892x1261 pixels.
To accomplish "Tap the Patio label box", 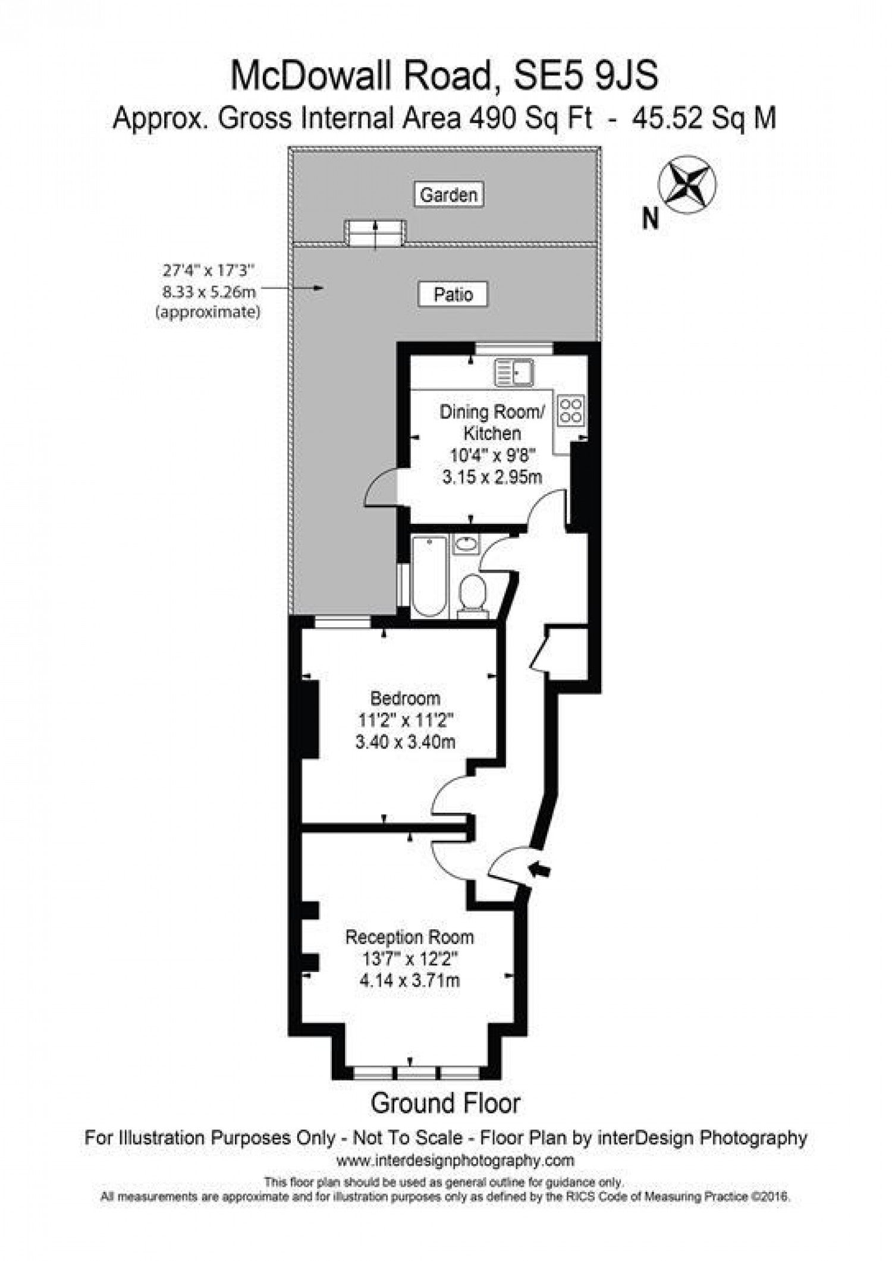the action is pos(453,294).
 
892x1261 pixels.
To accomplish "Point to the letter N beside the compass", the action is pos(651,219).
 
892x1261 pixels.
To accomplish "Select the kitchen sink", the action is pos(514,373).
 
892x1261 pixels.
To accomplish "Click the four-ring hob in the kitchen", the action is pos(570,410).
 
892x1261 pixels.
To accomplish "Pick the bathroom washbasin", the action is pos(467,544).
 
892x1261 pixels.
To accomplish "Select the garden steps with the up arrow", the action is pos(376,232).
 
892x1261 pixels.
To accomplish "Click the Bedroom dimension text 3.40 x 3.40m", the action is pos(406,742).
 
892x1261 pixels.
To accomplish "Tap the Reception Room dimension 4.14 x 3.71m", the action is pos(410,980).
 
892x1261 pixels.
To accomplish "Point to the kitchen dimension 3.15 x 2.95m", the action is pos(492,477).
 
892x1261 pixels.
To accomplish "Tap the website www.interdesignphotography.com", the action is pos(456,1160).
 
